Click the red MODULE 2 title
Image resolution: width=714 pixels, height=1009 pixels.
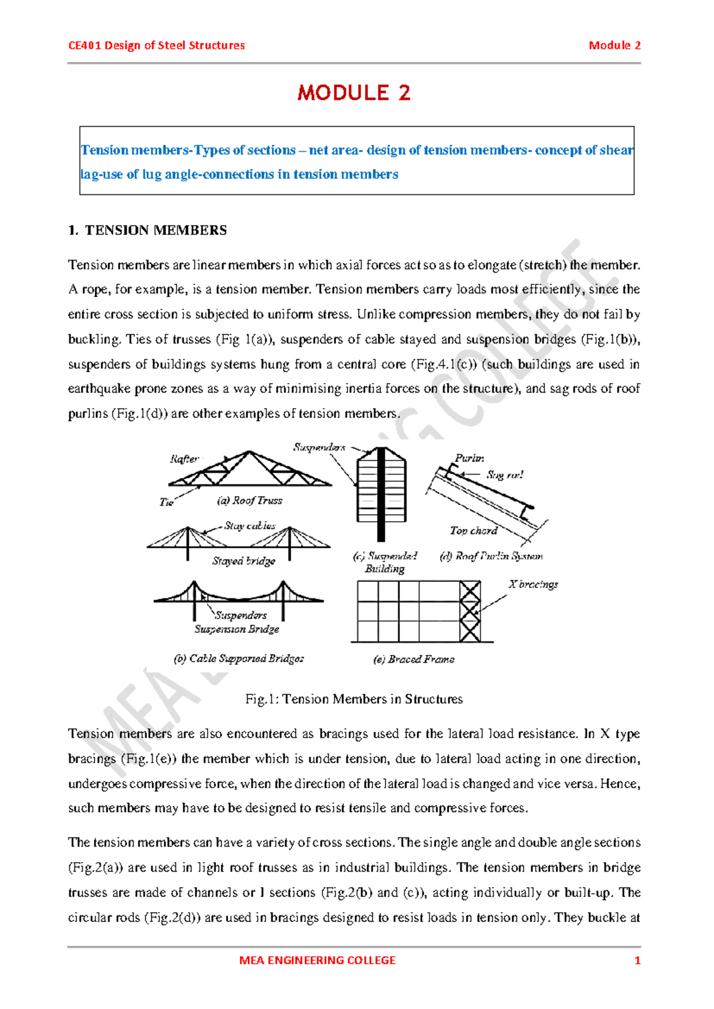click(x=354, y=93)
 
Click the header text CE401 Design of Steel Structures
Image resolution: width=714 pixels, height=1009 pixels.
click(x=156, y=46)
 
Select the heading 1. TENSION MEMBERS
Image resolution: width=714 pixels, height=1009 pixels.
click(x=148, y=230)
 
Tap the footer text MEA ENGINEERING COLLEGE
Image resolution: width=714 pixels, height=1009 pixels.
click(x=317, y=960)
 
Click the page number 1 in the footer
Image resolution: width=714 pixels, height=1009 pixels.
click(x=637, y=960)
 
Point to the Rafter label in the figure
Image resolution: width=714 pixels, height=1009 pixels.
click(x=184, y=459)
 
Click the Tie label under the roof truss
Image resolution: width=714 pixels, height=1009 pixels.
click(x=167, y=502)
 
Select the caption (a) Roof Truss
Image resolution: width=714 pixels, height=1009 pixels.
click(x=249, y=500)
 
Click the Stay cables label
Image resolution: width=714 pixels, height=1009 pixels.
click(x=250, y=526)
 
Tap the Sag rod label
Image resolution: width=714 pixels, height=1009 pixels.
click(x=505, y=475)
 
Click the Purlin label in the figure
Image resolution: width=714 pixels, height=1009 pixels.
click(x=469, y=458)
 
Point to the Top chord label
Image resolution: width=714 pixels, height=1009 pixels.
click(x=473, y=530)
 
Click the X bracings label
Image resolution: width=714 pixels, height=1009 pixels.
click(x=533, y=584)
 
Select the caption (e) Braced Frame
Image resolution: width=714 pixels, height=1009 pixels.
click(x=414, y=659)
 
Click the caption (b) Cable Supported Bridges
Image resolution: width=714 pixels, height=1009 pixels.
click(x=239, y=659)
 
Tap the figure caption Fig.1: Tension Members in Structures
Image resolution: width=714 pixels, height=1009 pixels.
click(x=354, y=699)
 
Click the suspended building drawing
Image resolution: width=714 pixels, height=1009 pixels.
click(x=381, y=493)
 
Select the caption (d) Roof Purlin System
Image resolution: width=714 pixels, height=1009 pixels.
click(x=491, y=556)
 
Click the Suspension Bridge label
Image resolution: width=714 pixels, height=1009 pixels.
click(x=236, y=629)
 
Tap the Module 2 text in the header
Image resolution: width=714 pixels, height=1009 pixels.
click(x=614, y=46)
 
